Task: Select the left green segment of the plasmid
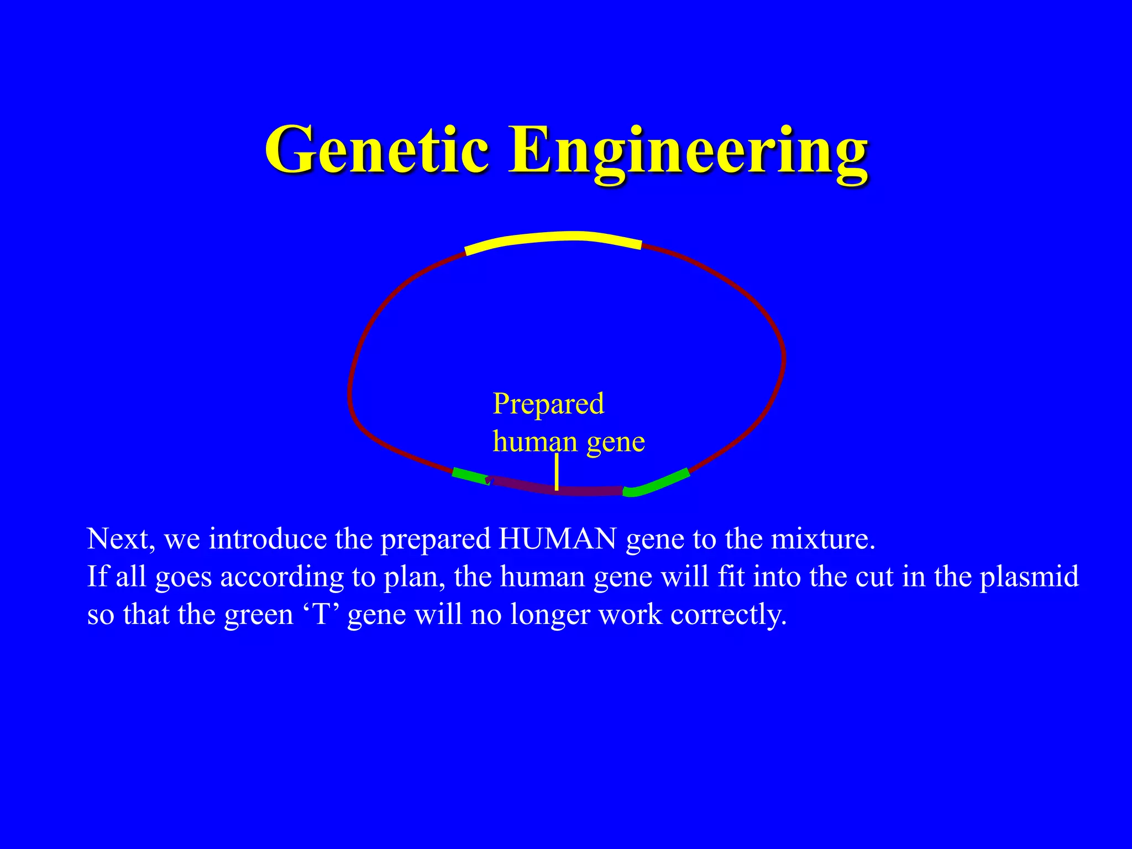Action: coord(470,476)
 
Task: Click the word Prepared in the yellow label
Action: coord(548,404)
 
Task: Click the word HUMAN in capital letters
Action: coord(557,539)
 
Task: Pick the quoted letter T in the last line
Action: coord(321,615)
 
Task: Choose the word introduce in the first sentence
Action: coord(268,539)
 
